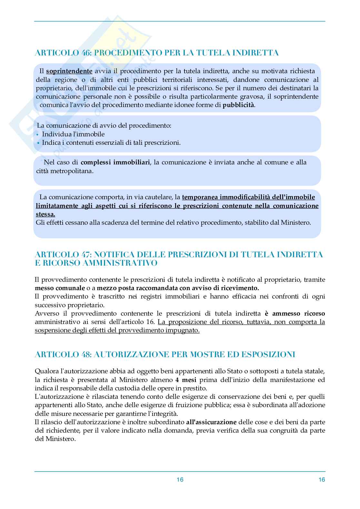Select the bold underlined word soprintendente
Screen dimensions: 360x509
point(69,71)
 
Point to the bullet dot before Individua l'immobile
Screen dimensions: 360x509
point(38,134)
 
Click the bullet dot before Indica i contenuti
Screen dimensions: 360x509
point(38,143)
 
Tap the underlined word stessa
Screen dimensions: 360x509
point(45,214)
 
